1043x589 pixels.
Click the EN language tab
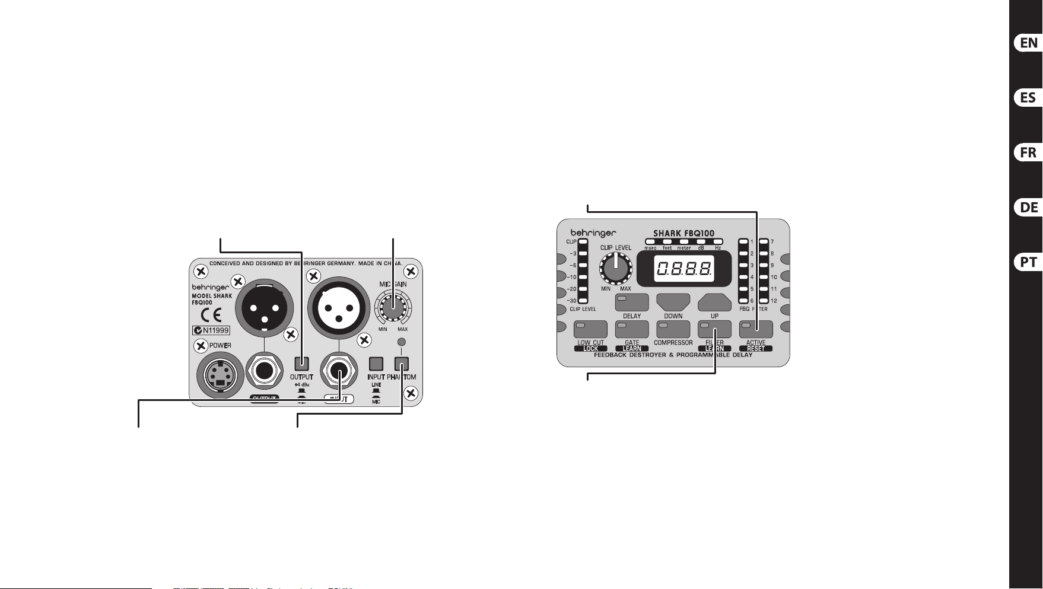[x=1028, y=43]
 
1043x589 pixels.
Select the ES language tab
[x=1028, y=98]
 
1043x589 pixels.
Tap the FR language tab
[x=1028, y=152]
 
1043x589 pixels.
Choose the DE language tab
[x=1028, y=208]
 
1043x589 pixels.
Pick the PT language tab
[x=1028, y=262]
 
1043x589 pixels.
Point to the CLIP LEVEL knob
[x=616, y=269]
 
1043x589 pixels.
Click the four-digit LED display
[x=683, y=270]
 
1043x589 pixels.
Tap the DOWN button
[x=673, y=303]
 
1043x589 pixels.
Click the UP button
[x=714, y=303]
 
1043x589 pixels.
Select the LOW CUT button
[x=590, y=329]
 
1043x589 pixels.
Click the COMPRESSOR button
[x=673, y=329]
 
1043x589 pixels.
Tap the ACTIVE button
[x=756, y=329]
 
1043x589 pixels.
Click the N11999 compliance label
[x=211, y=330]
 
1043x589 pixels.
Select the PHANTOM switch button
[x=402, y=364]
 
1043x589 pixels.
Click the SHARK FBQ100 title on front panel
[x=683, y=233]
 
